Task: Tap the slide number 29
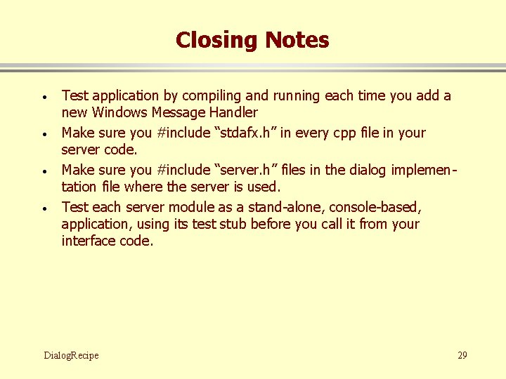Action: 462,355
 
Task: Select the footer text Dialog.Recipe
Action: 71,355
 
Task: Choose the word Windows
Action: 119,112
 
